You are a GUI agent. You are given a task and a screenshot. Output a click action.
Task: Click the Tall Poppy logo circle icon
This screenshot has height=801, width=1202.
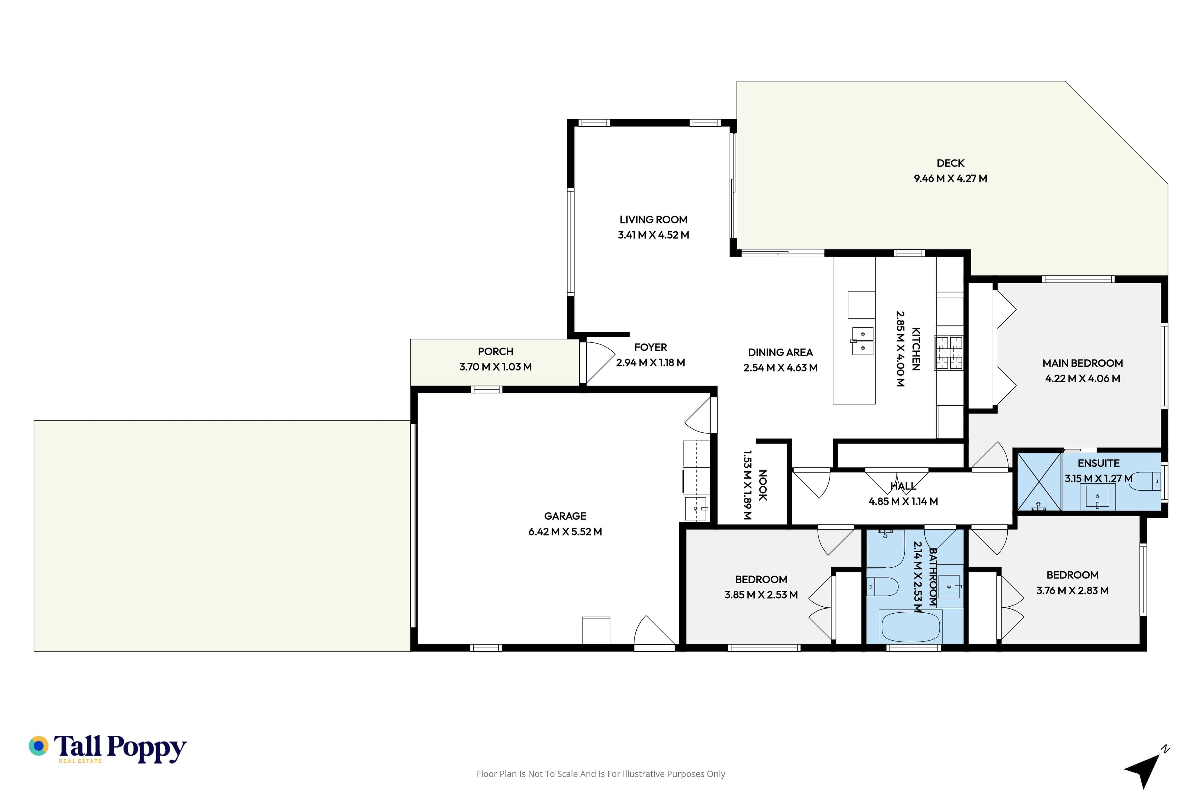click(x=38, y=746)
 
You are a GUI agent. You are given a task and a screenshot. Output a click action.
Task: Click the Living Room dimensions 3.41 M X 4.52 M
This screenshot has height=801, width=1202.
click(x=653, y=235)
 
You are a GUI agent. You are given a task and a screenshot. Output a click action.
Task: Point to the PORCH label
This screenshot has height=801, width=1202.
click(x=495, y=351)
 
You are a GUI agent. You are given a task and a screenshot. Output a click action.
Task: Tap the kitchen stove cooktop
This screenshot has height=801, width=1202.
click(x=948, y=353)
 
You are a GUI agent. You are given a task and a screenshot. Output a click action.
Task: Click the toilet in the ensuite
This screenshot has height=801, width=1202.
click(x=1145, y=481)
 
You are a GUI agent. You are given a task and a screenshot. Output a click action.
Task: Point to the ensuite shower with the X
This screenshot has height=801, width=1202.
click(x=1039, y=482)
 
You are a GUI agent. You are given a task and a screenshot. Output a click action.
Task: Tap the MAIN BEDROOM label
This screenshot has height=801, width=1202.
click(x=1082, y=363)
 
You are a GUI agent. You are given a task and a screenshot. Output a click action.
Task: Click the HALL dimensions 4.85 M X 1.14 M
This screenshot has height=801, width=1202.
click(x=903, y=501)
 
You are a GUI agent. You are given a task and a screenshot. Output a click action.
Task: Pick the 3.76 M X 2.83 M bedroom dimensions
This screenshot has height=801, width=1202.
click(x=1072, y=590)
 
